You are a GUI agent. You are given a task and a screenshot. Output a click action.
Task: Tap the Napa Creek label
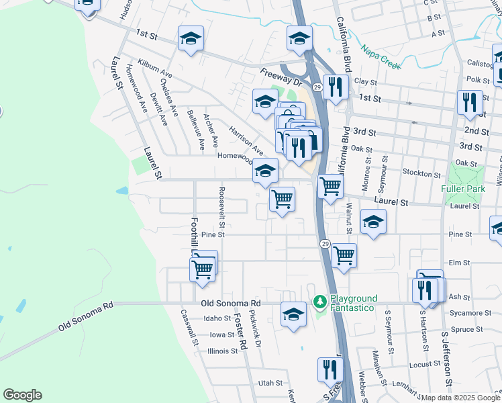coord(380,57)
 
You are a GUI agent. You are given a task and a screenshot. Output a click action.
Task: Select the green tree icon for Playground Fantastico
coord(319,298)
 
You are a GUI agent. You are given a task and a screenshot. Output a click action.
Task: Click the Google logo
coord(22,395)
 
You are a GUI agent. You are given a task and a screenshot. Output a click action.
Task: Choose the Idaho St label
coord(217,318)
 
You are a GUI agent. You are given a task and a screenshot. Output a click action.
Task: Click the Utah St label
coord(270,383)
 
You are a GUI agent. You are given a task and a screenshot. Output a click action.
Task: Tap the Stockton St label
coord(421,173)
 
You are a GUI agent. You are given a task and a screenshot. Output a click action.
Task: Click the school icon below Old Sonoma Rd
coord(293,314)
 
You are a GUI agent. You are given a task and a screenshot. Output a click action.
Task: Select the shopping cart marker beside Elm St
coord(344,255)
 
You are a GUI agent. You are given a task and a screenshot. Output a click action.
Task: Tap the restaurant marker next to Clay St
coord(336,87)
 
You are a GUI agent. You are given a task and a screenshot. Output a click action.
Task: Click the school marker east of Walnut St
coord(373,222)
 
